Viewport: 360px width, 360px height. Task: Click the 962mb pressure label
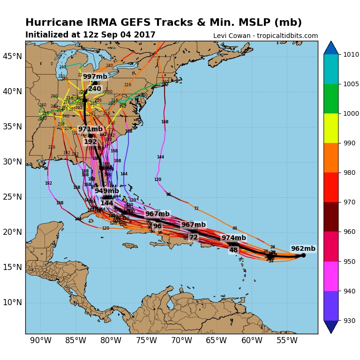coord(303,249)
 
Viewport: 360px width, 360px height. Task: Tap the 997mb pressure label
coord(95,76)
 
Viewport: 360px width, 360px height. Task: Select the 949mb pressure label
coord(107,191)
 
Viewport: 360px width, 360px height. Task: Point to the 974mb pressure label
coord(234,238)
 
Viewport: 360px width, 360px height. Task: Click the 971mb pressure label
coord(90,129)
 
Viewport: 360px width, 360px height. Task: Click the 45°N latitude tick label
coord(12,56)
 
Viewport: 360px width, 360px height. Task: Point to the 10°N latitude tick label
coord(12,302)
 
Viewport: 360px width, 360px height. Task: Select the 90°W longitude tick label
coord(41,340)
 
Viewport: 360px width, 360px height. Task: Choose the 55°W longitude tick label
coord(286,340)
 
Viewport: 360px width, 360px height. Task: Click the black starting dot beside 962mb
coord(303,255)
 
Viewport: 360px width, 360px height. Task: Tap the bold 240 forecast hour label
coord(95,89)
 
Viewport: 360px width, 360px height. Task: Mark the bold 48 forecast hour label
coord(233,250)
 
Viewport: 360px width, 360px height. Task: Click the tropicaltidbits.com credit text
coord(265,36)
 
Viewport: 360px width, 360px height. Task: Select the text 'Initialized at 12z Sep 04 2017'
coord(90,35)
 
